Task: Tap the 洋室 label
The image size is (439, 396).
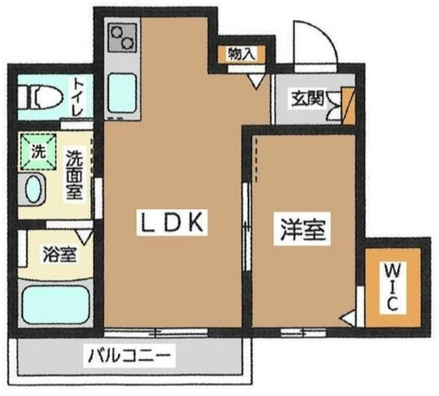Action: click(x=302, y=229)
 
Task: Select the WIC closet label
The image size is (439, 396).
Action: click(x=388, y=286)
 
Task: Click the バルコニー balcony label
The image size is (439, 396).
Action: click(x=131, y=356)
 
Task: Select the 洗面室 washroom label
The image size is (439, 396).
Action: click(x=73, y=176)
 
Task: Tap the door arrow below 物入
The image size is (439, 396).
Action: click(x=255, y=81)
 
